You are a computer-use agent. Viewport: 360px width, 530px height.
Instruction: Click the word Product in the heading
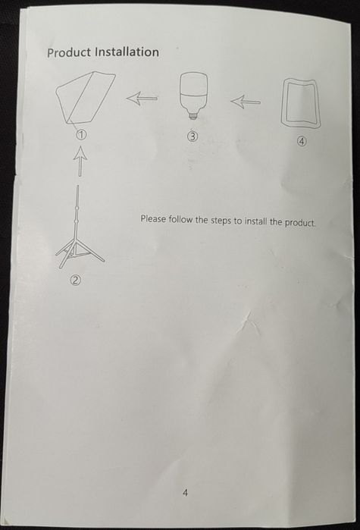[69, 52]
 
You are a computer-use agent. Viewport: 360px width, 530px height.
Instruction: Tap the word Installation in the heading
[127, 52]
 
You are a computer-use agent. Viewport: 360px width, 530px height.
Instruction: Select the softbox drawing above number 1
[86, 99]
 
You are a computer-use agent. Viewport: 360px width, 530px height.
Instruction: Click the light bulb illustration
[193, 96]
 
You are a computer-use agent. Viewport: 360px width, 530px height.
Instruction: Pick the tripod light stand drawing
[80, 227]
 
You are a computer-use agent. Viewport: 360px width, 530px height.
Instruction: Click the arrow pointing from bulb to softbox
[142, 99]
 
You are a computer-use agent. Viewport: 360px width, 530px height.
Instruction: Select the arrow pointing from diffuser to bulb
[245, 102]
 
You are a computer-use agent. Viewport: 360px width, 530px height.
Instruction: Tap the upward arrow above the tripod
[80, 161]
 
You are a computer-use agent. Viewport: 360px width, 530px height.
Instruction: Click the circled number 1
[81, 135]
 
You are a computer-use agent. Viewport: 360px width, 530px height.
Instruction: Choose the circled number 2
[75, 280]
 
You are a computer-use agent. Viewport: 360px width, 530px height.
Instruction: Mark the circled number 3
[193, 136]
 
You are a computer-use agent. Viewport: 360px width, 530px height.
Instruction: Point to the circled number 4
[302, 141]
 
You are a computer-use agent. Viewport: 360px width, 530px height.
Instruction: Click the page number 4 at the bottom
[185, 493]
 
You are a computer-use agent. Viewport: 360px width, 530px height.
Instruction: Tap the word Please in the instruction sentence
[153, 219]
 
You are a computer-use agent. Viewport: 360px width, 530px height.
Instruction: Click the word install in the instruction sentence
[255, 221]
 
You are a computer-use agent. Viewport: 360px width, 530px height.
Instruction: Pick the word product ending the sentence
[300, 222]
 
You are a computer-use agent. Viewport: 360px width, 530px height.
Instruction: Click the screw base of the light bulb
[193, 116]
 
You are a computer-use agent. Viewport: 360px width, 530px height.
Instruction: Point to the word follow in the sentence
[180, 219]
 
